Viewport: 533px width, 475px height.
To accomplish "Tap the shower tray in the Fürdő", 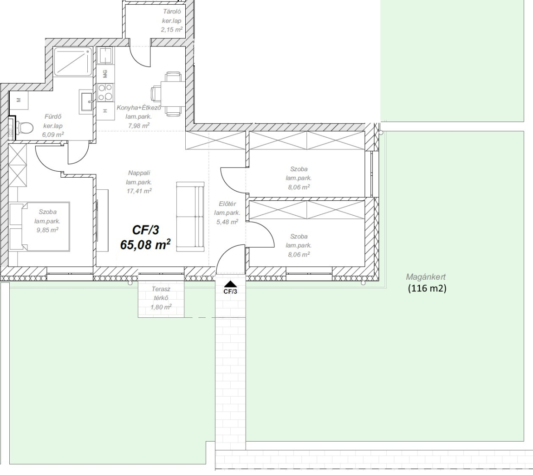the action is point(73,61).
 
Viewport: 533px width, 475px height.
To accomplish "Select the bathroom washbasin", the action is point(86,102).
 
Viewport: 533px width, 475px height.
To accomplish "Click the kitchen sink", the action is point(105,56).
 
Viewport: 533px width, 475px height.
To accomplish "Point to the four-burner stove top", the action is point(105,92).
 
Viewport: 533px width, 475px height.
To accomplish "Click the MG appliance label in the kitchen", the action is point(105,74).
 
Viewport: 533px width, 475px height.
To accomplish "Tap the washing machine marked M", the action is point(19,100).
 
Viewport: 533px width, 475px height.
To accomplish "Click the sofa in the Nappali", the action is point(190,217).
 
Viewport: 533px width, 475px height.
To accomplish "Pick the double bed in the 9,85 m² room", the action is point(39,226).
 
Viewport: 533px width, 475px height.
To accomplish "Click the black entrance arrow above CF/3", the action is point(230,284).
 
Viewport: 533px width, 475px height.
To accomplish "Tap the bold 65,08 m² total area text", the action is point(145,244).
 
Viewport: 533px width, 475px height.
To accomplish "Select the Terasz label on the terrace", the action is point(161,289).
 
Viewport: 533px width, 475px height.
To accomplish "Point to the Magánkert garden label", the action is point(426,277).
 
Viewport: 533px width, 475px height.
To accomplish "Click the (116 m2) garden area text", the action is point(427,288).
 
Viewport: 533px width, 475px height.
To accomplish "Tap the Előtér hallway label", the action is point(227,204).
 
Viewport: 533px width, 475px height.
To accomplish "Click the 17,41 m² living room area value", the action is point(139,191).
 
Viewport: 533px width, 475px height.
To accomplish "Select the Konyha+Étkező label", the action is point(139,108).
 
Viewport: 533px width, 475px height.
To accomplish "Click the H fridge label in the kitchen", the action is point(105,111).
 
